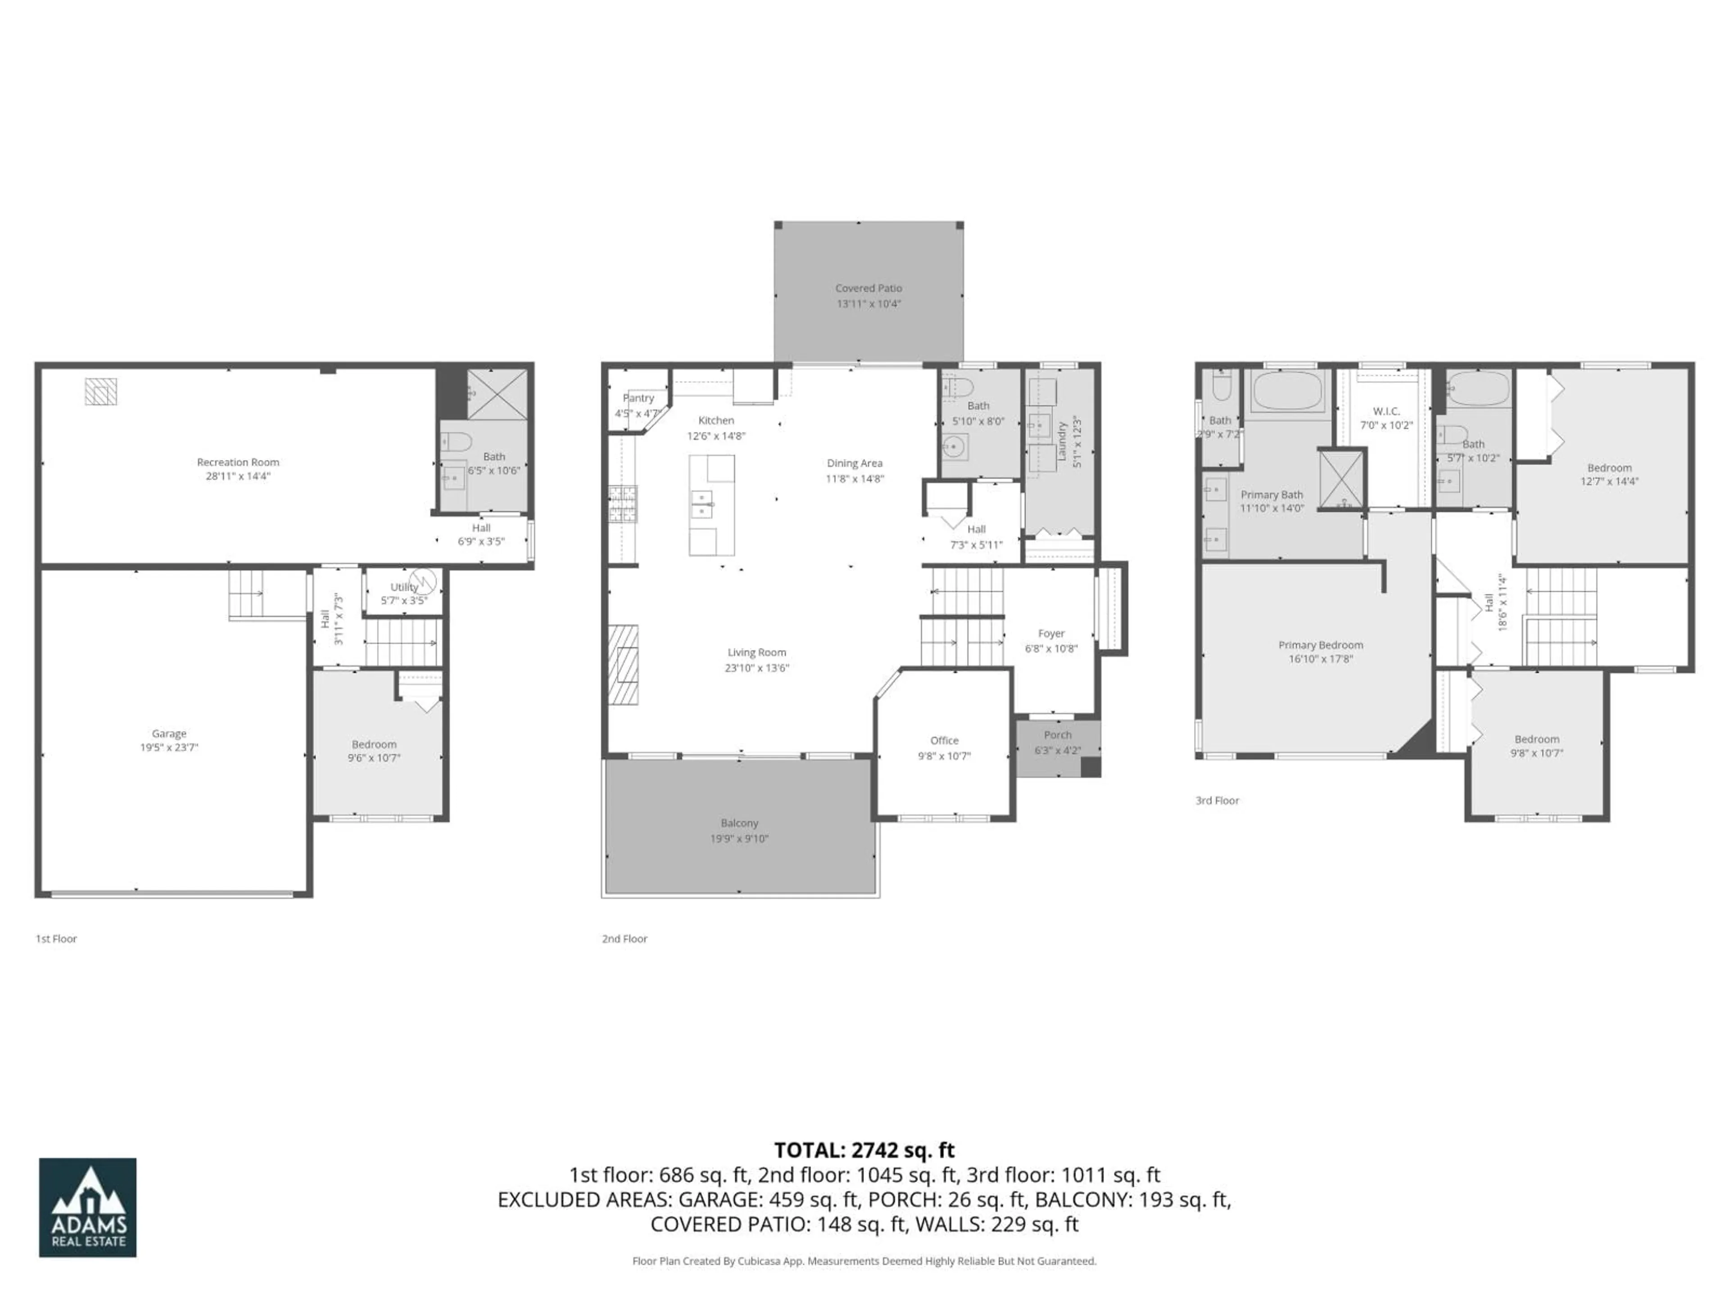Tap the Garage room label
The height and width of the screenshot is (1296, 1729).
[169, 733]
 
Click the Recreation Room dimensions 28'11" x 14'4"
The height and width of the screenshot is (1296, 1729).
[238, 476]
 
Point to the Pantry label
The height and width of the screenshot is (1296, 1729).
[638, 398]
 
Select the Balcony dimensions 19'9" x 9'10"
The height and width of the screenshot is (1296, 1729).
[739, 838]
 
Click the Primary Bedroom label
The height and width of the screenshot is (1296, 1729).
[1320, 645]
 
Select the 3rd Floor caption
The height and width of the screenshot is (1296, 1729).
[1217, 800]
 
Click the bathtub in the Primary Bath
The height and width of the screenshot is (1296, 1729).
[1287, 390]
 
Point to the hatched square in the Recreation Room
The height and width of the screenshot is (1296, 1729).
[101, 391]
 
